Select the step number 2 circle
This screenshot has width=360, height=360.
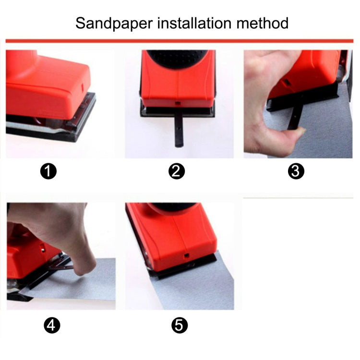(177, 171)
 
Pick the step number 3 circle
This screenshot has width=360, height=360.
(297, 171)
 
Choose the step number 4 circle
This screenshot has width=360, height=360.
(52, 326)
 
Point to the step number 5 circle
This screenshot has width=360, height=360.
(179, 326)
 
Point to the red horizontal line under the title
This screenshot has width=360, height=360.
(180, 41)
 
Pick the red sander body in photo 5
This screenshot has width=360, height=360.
(173, 238)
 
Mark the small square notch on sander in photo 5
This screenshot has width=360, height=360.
(185, 256)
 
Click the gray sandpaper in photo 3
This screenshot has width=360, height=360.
(326, 130)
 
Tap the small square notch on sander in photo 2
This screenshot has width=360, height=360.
(177, 102)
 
